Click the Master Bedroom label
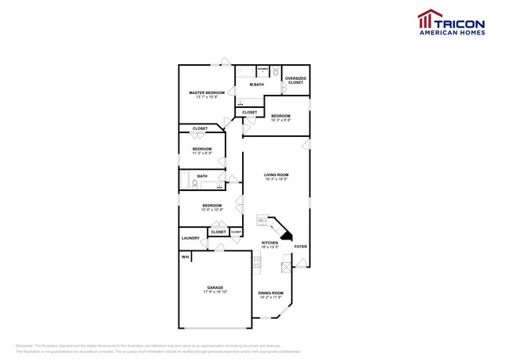(207, 92)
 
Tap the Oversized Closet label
(295, 80)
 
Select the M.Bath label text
(256, 85)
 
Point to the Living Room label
(276, 175)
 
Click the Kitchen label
(269, 243)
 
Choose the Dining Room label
(271, 293)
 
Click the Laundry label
(190, 238)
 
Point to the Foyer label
(300, 247)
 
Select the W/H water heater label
(186, 257)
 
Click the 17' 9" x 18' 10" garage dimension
(216, 292)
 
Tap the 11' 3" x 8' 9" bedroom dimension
(202, 153)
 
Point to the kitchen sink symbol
(262, 221)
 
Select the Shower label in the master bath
(240, 68)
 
